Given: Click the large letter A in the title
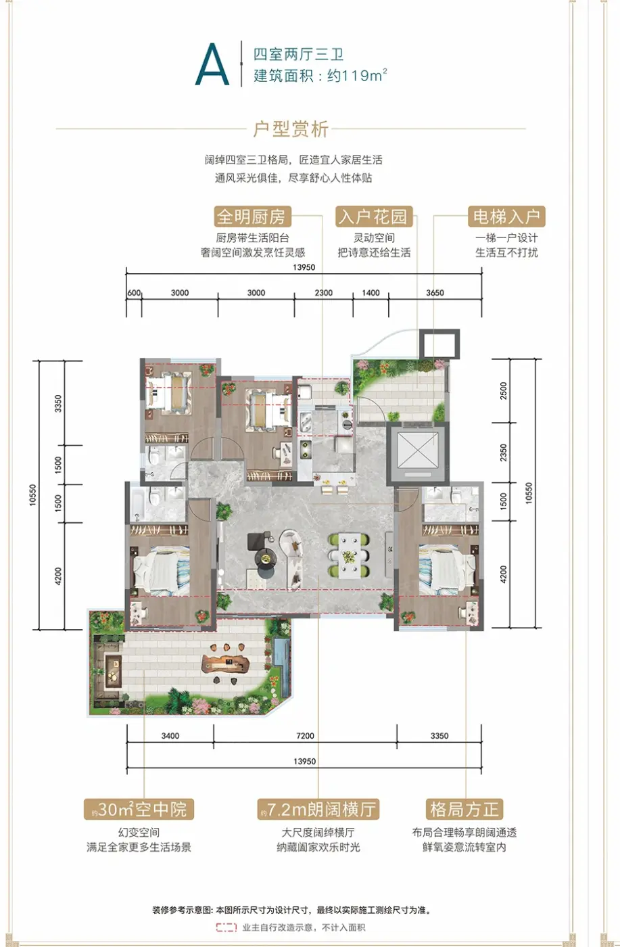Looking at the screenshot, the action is click(212, 65).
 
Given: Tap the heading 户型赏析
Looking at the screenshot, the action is click(291, 129).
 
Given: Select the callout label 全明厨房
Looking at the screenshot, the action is click(252, 216).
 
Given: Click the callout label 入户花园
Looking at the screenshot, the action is click(374, 216).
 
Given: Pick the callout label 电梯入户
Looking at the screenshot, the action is click(506, 216).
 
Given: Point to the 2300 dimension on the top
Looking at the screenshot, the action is click(324, 292).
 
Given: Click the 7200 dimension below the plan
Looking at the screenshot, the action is click(305, 736).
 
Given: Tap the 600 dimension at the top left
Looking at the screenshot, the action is click(134, 292).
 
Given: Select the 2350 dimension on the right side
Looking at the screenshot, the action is click(503, 453).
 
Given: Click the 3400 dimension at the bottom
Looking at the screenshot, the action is click(170, 736).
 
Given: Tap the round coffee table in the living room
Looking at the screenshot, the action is click(266, 559).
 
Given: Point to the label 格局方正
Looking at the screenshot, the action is click(464, 809).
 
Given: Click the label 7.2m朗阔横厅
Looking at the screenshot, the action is click(318, 809).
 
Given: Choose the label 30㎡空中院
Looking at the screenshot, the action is click(139, 809).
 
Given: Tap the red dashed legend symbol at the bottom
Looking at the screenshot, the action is click(226, 927).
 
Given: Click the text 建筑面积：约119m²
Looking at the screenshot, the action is click(320, 76).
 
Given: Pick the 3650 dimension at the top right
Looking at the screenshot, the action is click(435, 292).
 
